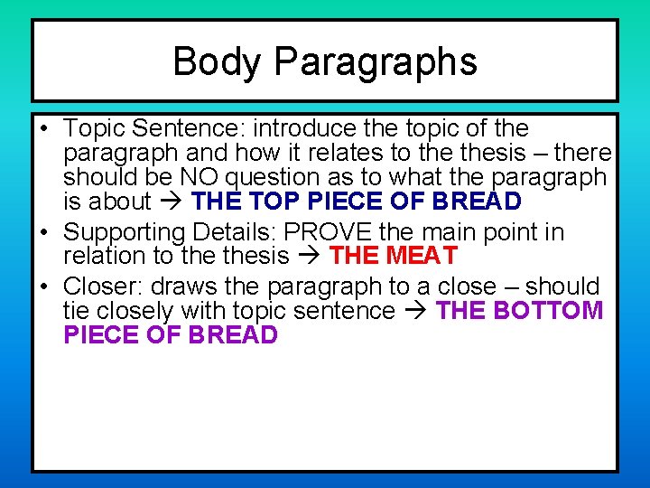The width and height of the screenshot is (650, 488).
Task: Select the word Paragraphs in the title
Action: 375,62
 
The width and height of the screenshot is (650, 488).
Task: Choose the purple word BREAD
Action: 233,335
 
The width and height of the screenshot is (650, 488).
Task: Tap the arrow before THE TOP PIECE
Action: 170,202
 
